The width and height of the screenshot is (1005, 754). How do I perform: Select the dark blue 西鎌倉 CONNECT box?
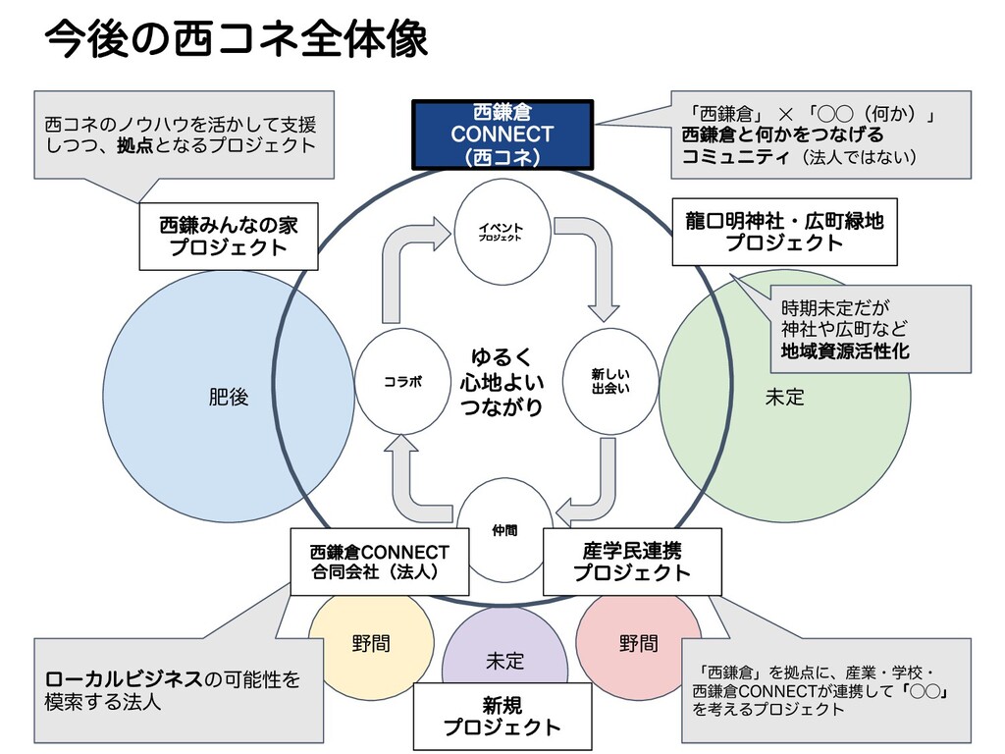click(x=502, y=134)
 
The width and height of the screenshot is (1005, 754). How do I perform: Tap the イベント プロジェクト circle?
click(x=501, y=232)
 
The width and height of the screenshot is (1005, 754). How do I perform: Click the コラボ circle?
click(x=402, y=381)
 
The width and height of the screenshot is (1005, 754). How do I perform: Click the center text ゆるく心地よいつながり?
click(x=502, y=381)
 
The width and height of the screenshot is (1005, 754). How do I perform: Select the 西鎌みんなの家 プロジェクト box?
click(x=228, y=237)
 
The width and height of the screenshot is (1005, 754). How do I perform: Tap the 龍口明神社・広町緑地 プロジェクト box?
click(x=784, y=232)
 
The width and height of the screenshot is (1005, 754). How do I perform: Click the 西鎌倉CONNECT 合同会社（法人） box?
click(x=379, y=562)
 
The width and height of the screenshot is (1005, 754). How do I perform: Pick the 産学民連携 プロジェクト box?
click(x=632, y=562)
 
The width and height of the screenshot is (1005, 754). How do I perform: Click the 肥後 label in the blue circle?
click(x=229, y=398)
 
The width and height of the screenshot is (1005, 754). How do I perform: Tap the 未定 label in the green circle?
click(x=784, y=398)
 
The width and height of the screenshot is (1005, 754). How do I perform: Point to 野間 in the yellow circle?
click(x=371, y=644)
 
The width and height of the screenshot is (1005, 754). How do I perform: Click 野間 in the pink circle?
click(x=639, y=644)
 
